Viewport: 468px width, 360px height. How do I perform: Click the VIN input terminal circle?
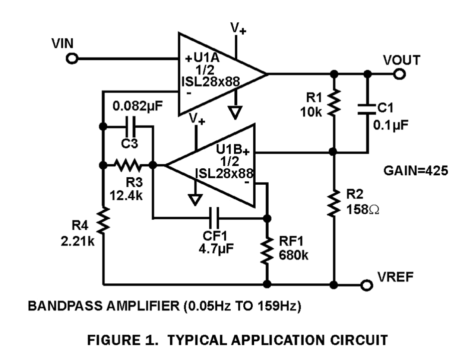[72, 59]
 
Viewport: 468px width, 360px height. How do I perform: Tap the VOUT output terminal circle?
[399, 74]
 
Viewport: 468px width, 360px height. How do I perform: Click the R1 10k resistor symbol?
[334, 102]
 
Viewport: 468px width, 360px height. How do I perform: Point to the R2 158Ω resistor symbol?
[334, 203]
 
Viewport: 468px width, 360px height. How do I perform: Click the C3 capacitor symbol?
[130, 127]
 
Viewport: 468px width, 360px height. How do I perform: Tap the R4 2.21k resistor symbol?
[103, 220]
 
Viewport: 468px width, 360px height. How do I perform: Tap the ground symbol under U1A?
[235, 112]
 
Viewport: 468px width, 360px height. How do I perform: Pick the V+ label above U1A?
[238, 28]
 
